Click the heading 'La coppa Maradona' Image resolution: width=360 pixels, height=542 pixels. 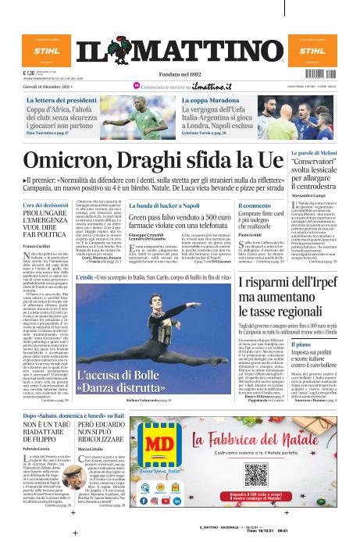(210, 102)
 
